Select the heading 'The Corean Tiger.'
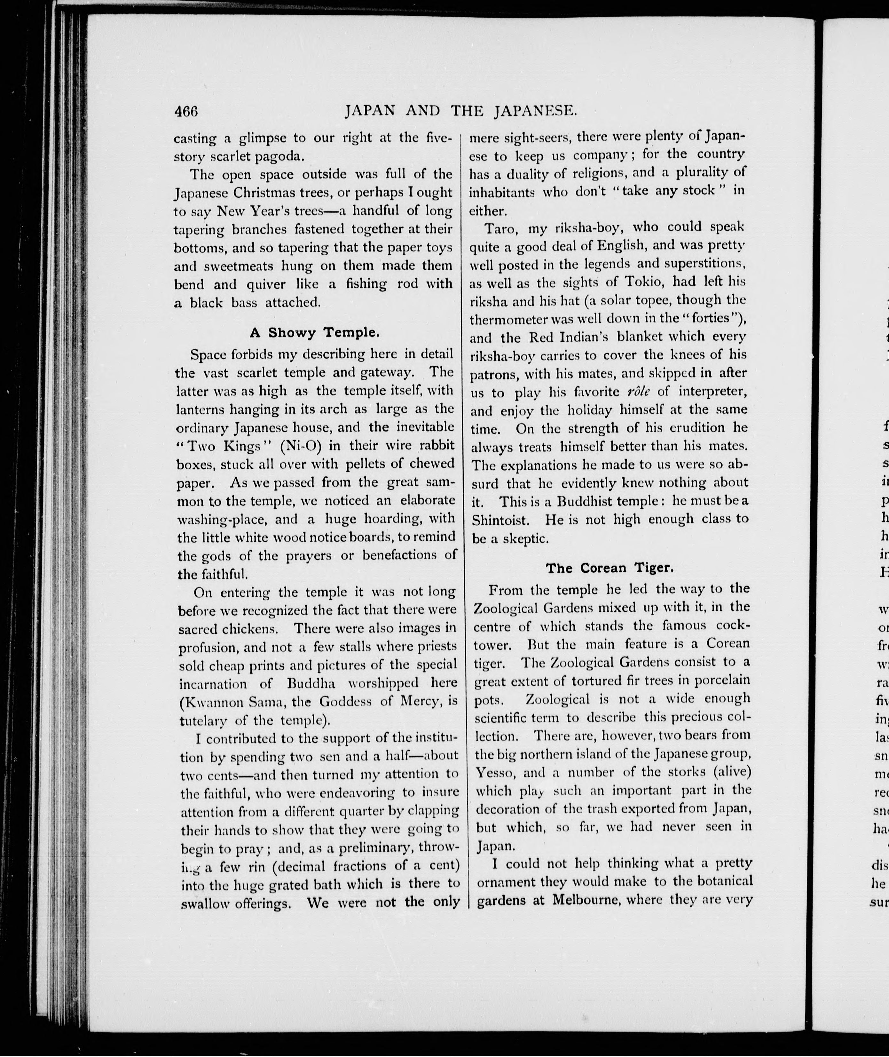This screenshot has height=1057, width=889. pyautogui.click(x=610, y=568)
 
